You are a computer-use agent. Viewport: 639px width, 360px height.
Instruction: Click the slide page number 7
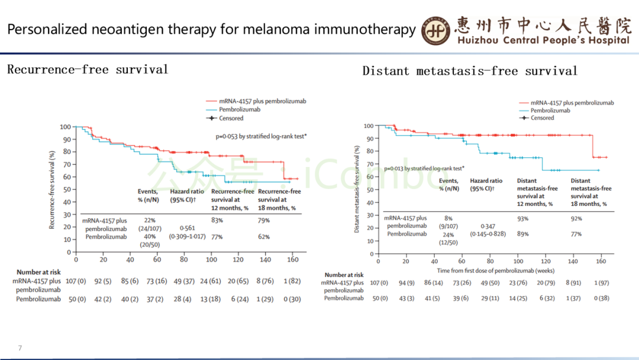(20, 348)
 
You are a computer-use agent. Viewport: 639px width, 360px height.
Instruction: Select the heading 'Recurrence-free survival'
(88, 70)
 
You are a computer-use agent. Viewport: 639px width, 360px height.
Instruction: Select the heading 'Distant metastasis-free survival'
(470, 72)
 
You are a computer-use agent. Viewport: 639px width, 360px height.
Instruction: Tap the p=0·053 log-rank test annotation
(261, 136)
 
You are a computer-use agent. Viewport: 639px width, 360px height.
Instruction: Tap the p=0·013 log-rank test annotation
(424, 168)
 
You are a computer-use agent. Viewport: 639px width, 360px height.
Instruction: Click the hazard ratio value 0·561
(188, 227)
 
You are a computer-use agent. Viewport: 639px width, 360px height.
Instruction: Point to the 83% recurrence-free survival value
(217, 220)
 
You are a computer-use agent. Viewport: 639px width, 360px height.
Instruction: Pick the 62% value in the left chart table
(264, 237)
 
